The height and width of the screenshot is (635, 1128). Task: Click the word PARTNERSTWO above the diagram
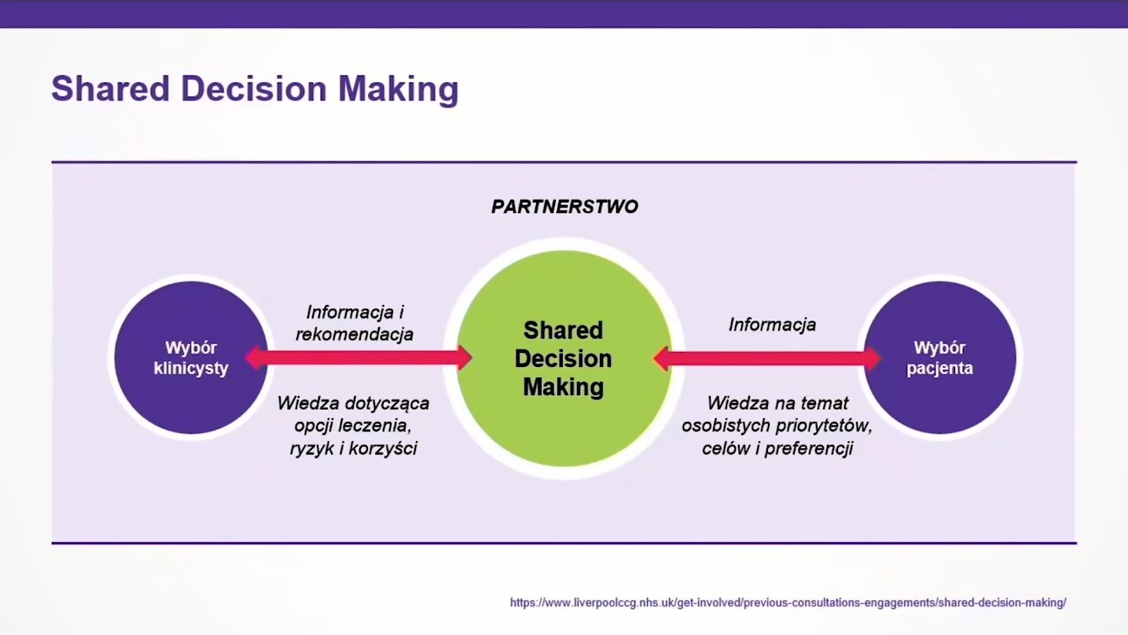click(x=564, y=207)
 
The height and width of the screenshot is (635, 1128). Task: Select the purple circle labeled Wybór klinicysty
click(x=191, y=358)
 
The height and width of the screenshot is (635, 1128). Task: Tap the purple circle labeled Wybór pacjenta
click(x=939, y=358)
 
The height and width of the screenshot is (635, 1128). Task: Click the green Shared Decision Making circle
click(x=564, y=358)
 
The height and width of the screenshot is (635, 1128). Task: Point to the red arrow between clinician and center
click(x=358, y=358)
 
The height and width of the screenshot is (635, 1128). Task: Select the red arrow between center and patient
click(x=767, y=358)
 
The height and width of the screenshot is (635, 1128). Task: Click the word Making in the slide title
click(x=399, y=89)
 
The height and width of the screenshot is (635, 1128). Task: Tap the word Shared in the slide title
click(x=110, y=89)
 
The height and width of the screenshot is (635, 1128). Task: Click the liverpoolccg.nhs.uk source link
click(x=788, y=603)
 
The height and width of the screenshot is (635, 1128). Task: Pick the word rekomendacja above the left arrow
click(x=355, y=334)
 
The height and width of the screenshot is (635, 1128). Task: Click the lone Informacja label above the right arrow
click(x=773, y=325)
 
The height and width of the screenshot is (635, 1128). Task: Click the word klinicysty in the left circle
click(x=191, y=368)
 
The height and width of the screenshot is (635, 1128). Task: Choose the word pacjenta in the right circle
click(x=939, y=368)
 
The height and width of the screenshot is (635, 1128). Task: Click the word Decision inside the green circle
click(x=564, y=358)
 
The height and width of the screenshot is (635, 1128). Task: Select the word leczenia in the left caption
click(x=375, y=425)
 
